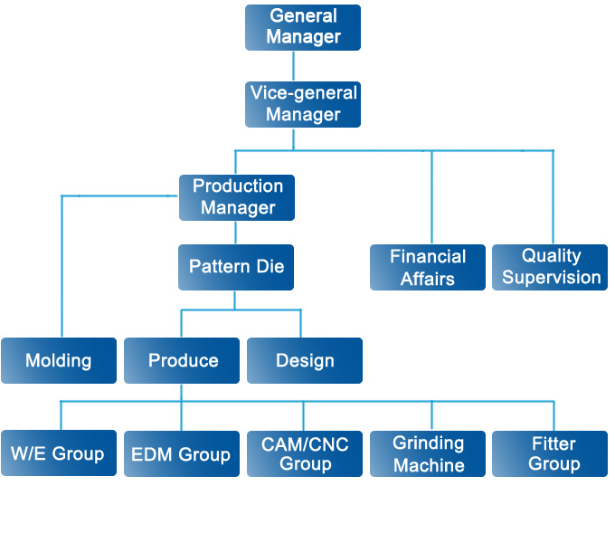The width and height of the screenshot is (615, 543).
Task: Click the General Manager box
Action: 303,27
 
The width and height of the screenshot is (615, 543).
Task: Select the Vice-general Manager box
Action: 303,104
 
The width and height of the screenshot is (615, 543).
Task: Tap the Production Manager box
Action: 237,197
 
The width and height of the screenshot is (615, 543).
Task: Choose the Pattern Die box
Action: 236,267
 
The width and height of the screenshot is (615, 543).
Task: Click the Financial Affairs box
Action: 428,267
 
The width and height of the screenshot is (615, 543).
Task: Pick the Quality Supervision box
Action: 551,267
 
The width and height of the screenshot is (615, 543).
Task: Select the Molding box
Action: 59,360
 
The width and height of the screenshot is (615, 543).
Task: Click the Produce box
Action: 182,360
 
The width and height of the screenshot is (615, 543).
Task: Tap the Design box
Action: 305,360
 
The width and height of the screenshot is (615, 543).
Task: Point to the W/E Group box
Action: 59,453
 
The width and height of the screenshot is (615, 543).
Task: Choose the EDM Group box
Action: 182,453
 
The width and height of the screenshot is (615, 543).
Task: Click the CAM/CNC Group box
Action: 305,453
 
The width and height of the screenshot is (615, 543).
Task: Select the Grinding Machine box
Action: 428,453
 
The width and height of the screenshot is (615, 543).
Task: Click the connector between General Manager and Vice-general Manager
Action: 293,66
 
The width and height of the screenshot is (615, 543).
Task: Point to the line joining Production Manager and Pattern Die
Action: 235,233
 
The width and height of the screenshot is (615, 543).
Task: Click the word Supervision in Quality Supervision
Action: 551,278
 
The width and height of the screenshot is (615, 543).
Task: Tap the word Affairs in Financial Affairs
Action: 428,279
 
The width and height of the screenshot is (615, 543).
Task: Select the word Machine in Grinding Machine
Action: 429,465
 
